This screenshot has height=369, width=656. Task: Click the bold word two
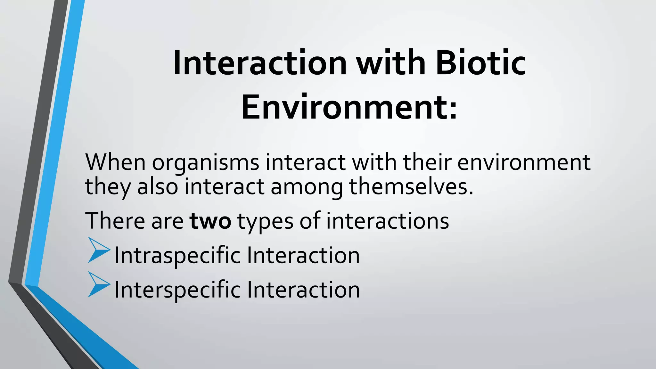(x=210, y=221)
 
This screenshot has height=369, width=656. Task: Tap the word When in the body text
(x=116, y=162)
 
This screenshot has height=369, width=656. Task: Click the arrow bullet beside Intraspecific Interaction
(x=98, y=250)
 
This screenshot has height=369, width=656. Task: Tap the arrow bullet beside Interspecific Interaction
(x=98, y=284)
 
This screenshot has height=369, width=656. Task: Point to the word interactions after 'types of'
(x=388, y=221)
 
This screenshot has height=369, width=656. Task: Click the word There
(x=115, y=221)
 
